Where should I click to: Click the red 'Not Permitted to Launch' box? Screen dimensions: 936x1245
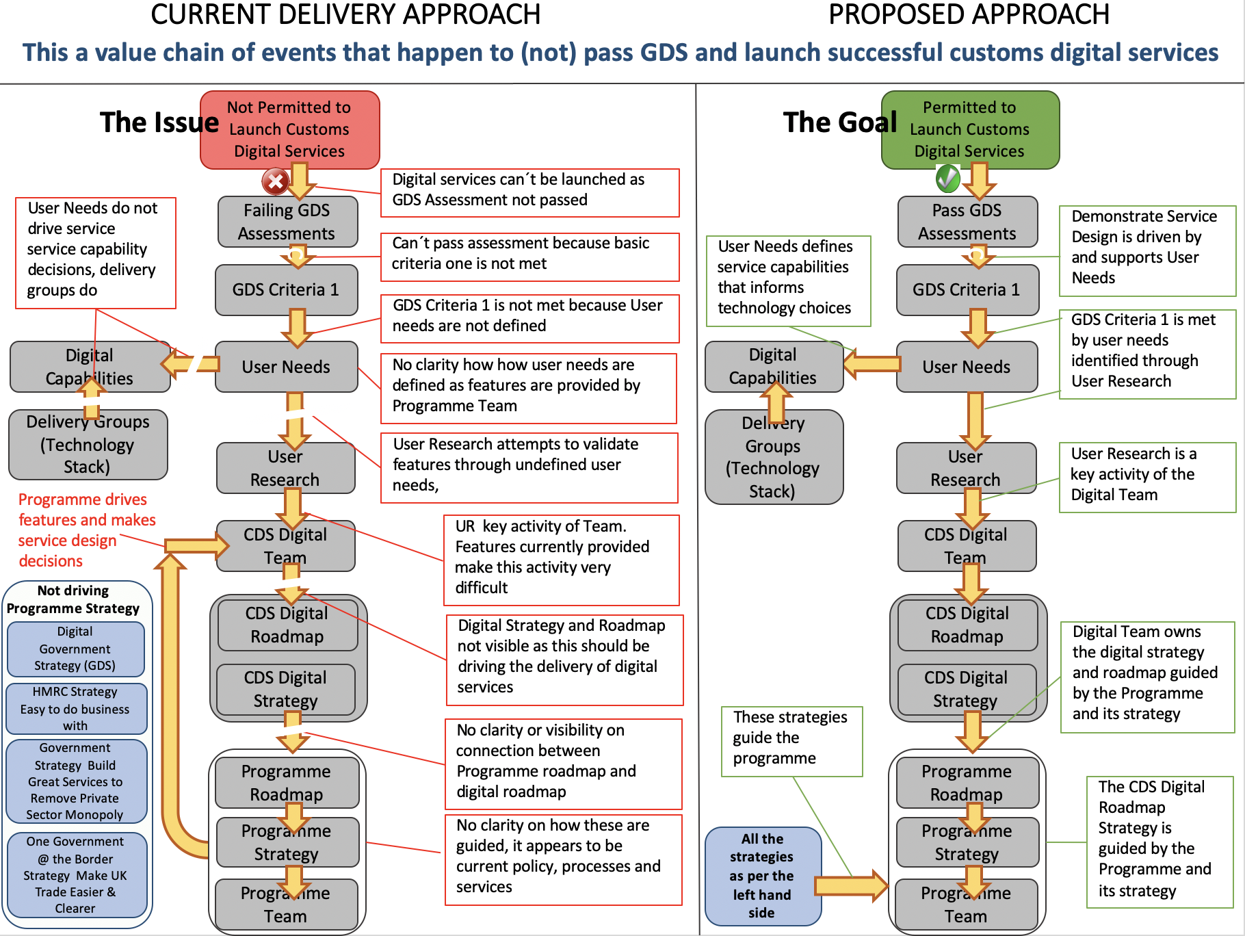(289, 129)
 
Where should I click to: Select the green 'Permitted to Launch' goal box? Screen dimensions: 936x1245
(969, 129)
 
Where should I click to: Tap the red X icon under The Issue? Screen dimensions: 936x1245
(275, 181)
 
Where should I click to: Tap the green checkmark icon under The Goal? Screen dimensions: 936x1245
(947, 179)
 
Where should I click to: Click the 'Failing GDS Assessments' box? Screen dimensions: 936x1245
(287, 222)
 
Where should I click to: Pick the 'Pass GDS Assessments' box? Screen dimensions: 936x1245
(967, 222)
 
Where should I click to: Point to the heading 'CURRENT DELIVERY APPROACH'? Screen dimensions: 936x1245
(345, 14)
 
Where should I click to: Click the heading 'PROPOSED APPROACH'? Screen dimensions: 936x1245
(969, 14)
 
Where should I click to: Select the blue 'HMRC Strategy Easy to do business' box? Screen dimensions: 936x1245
(75, 708)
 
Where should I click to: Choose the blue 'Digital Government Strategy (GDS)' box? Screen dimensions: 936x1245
(75, 648)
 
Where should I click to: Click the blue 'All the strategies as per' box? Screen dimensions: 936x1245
(761, 875)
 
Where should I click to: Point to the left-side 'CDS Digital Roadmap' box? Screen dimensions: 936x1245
(287, 625)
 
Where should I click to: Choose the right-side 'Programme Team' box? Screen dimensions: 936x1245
(965, 904)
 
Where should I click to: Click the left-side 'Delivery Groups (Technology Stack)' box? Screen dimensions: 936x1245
(88, 444)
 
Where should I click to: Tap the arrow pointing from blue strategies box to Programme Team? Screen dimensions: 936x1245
(852, 885)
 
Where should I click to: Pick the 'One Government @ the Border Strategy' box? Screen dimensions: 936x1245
(75, 874)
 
